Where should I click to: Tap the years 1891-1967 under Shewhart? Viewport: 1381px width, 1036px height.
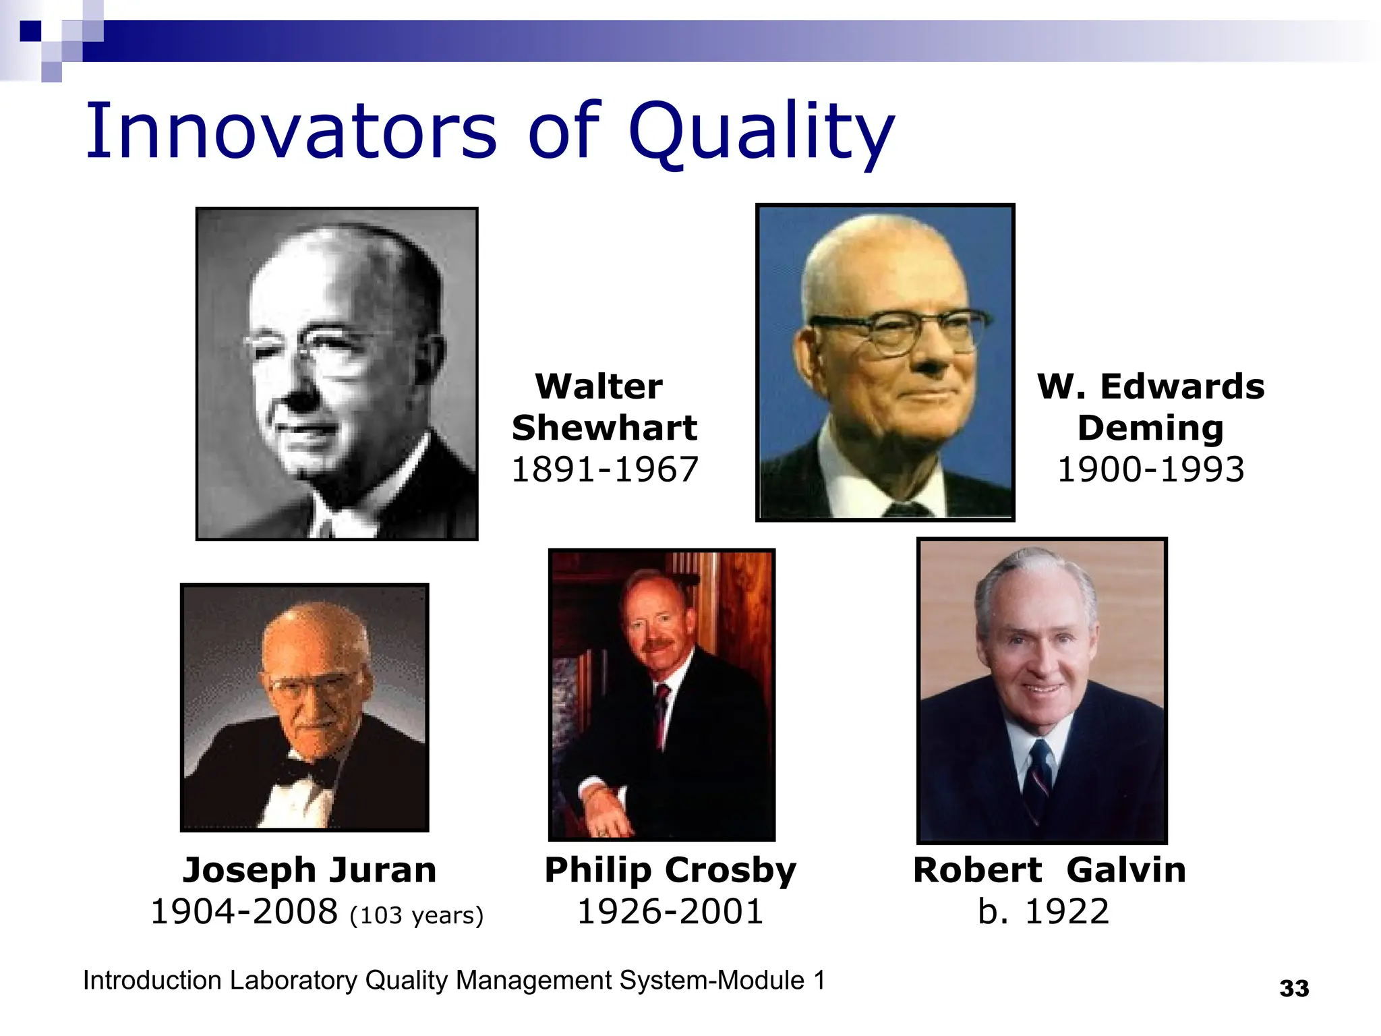604,469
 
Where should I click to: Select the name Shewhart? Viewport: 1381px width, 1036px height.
604,428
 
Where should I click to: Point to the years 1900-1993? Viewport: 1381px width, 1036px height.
1150,469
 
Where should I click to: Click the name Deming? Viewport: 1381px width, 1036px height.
1150,428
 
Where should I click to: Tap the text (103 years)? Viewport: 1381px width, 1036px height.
417,915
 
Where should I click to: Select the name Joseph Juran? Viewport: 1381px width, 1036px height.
310,870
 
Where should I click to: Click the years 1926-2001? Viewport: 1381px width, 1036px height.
670,912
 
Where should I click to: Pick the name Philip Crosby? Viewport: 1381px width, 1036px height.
670,870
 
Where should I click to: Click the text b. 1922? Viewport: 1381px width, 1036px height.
1043,912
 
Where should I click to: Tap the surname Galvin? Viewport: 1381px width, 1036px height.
1126,870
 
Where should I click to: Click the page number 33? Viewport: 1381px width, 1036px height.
1294,989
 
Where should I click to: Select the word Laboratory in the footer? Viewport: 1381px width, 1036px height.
293,981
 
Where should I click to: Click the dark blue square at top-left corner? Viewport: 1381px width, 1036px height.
30,31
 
